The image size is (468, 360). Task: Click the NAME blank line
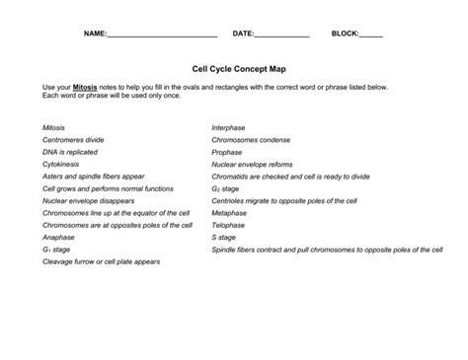[162, 36]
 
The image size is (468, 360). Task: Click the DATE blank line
[282, 36]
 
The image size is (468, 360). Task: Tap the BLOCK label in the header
[345, 34]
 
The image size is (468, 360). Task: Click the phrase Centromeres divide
[73, 140]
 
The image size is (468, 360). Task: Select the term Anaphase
[58, 238]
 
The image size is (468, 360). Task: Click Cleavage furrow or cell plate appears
[101, 262]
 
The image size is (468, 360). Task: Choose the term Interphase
[228, 127]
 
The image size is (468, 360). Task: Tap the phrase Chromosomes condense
[251, 140]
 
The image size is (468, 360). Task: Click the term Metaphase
[229, 213]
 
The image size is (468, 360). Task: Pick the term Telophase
[228, 225]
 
